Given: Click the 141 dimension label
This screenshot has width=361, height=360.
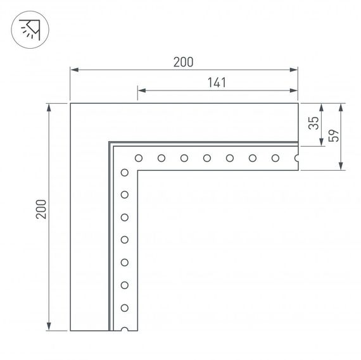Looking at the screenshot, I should tap(217, 82).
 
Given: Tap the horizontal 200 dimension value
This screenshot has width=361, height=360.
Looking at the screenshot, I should tap(183, 61).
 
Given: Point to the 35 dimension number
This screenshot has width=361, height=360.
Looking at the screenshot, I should tap(312, 123).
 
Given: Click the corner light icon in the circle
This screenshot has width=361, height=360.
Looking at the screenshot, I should tap(29, 29).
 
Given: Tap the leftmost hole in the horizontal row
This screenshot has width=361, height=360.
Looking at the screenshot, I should tap(138, 158).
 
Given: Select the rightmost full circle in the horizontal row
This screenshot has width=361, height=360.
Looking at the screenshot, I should tap(275, 158).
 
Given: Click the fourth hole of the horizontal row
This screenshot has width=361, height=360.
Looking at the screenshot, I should tap(206, 158).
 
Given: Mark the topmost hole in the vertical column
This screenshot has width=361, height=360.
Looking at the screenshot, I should tap(125, 172).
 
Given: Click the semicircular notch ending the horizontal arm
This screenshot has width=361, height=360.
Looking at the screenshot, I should tap(296, 158).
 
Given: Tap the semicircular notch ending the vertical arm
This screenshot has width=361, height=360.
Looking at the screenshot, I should tap(125, 329).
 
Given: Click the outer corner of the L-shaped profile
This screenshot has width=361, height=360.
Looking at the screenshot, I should tap(70, 102).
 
